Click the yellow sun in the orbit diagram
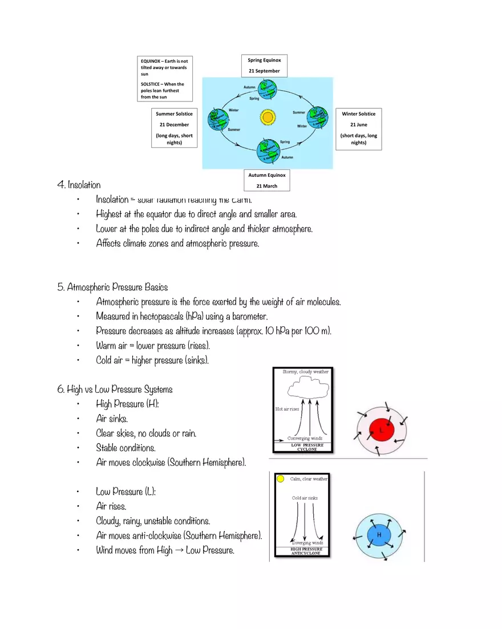click(267, 117)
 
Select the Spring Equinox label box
click(264, 66)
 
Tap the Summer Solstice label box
click(174, 128)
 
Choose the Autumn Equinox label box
click(266, 180)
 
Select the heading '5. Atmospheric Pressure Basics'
click(112, 287)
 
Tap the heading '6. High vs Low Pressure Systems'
click(115, 389)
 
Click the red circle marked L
click(380, 430)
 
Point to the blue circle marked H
click(378, 534)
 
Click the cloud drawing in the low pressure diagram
click(308, 390)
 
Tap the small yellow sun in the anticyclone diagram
click(281, 479)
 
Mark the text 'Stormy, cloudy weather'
click(306, 372)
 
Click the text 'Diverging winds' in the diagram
click(307, 543)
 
